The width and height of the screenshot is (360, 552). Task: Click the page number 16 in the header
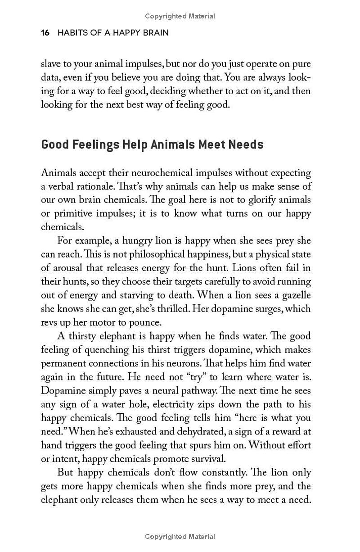click(x=45, y=33)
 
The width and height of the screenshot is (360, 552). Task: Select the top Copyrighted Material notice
click(x=180, y=16)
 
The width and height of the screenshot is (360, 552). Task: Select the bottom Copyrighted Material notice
click(x=180, y=536)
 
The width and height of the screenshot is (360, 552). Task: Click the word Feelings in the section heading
click(x=95, y=145)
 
